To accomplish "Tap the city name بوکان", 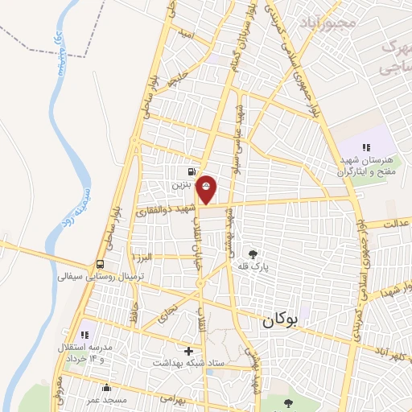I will point(279,320).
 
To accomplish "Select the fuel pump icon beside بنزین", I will point(191,171).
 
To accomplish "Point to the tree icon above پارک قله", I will point(254,253).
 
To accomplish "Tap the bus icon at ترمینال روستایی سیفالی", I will point(100,264).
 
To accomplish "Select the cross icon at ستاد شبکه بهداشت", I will point(189,351).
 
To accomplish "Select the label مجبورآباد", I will point(326,21).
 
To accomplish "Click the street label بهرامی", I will point(172,398).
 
